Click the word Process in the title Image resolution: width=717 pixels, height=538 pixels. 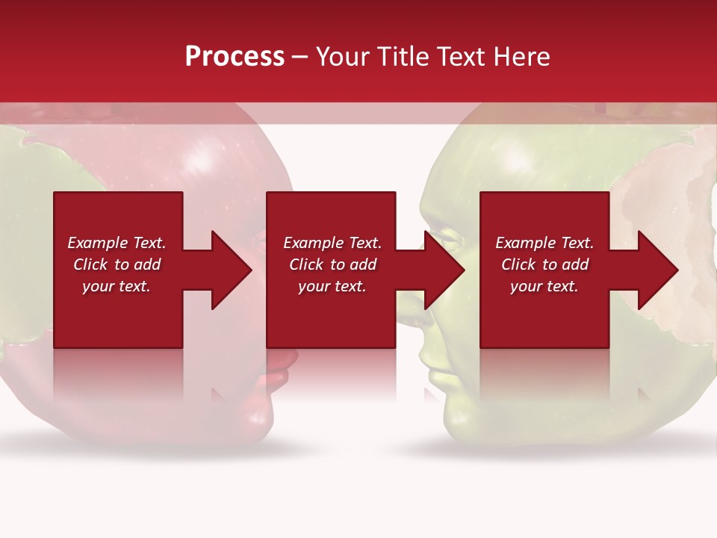tap(235, 57)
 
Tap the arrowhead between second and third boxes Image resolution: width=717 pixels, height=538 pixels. tap(444, 270)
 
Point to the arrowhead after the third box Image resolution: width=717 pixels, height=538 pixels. tap(657, 270)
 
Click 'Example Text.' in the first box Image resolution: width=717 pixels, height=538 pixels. tap(117, 243)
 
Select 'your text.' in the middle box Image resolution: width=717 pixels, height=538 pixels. tap(332, 286)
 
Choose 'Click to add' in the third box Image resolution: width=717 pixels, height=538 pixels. tap(545, 265)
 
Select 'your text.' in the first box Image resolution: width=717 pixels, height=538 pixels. tap(117, 286)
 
